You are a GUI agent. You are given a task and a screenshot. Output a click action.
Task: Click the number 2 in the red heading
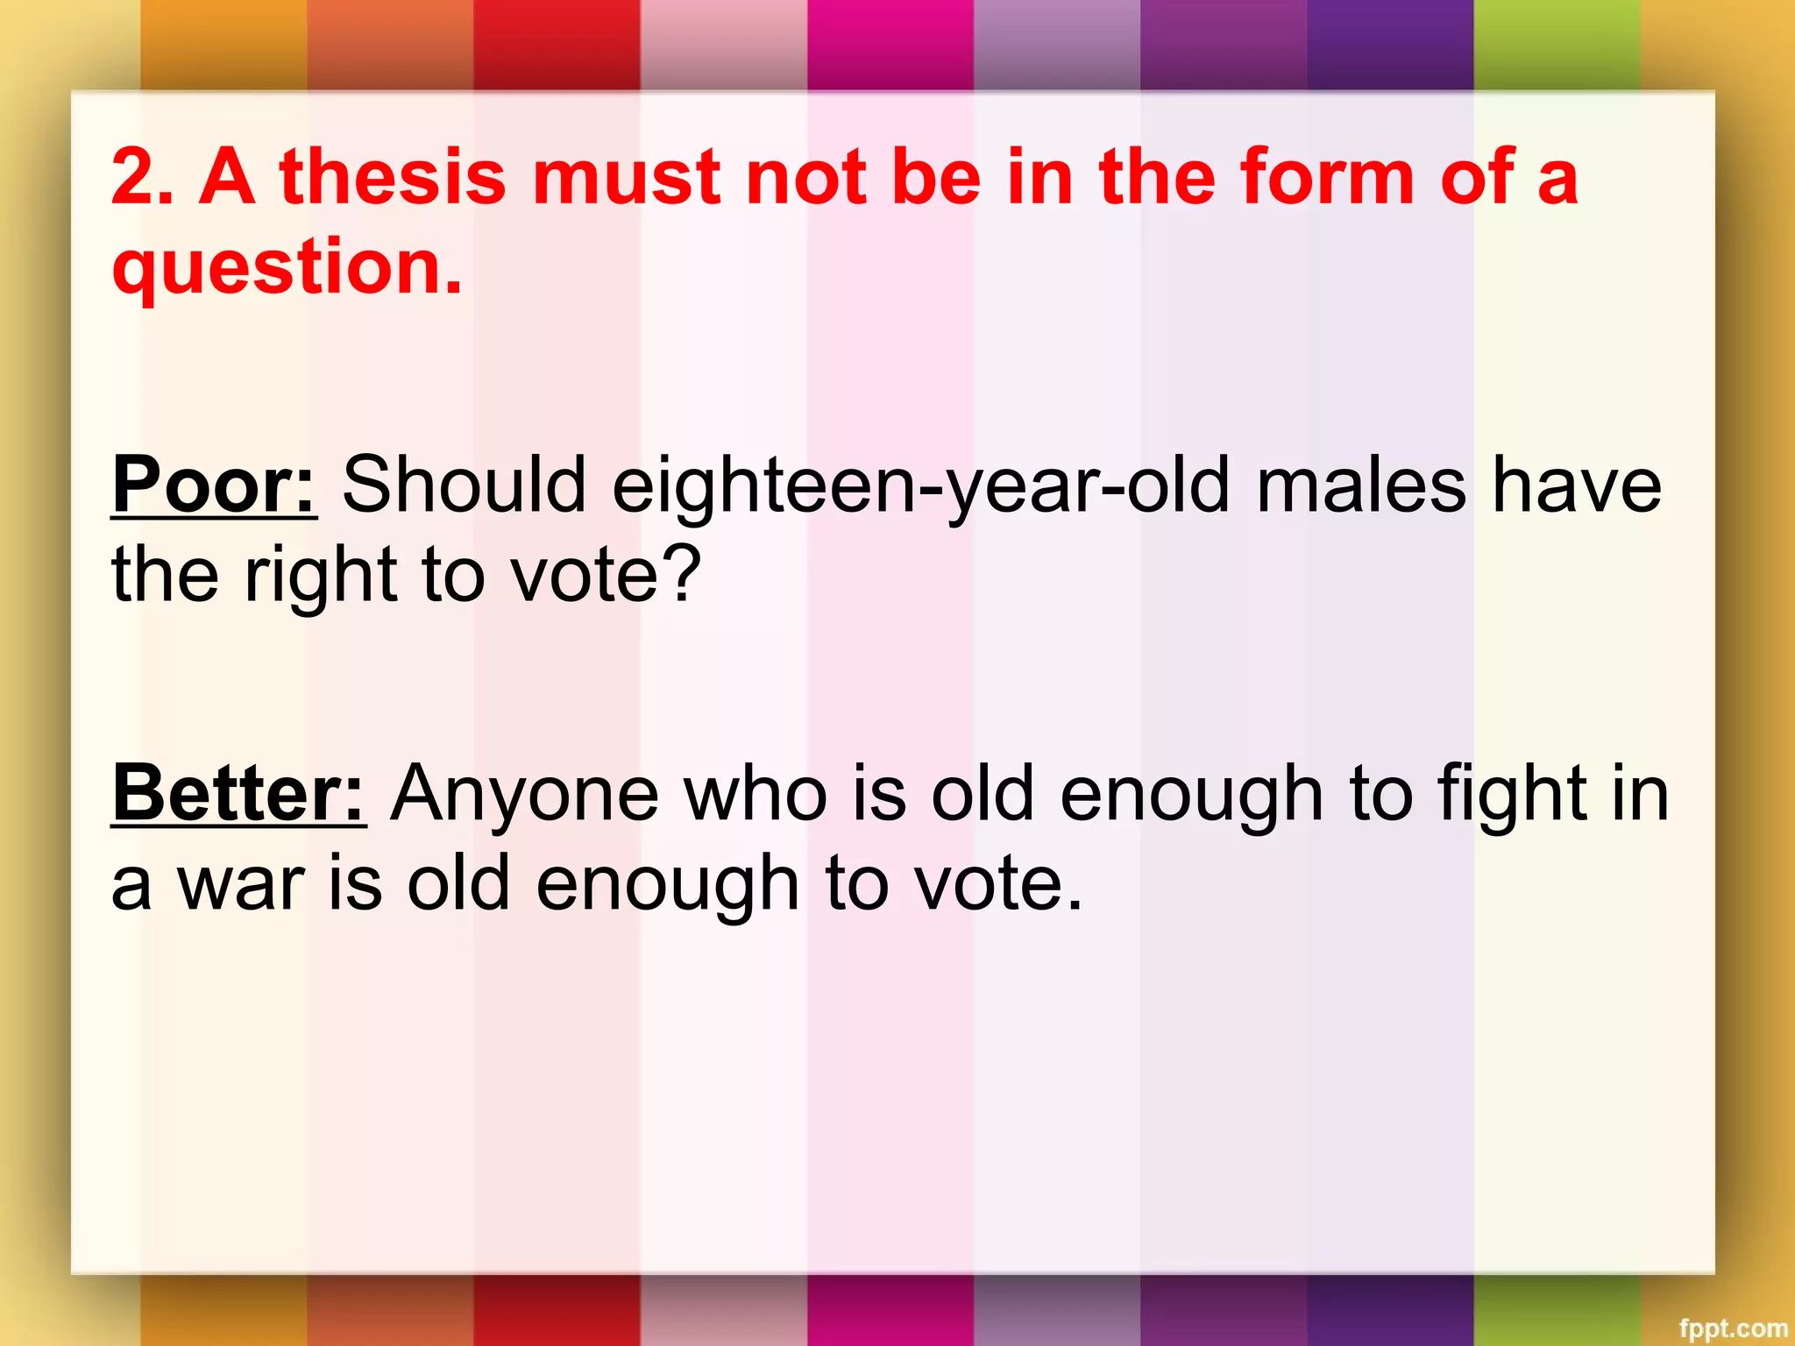click(x=131, y=178)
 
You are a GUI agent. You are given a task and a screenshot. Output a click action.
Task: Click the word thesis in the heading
click(x=392, y=178)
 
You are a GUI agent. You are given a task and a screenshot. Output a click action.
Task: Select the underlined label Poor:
click(x=213, y=485)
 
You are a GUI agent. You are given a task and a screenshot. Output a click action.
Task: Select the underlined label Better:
click(x=238, y=794)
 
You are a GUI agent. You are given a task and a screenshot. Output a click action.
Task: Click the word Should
click(x=464, y=485)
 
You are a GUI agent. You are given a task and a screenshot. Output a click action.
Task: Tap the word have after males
click(x=1577, y=487)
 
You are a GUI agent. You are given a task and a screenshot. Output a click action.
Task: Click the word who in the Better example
click(x=755, y=794)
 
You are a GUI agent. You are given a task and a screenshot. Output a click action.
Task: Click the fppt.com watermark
click(x=1733, y=1328)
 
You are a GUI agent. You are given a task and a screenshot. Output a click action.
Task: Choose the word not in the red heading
click(x=805, y=178)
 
